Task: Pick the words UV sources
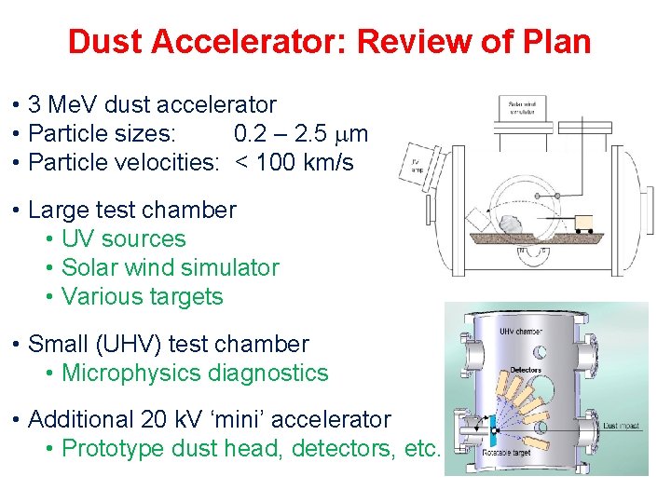click(x=123, y=239)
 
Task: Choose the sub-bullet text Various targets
click(x=142, y=297)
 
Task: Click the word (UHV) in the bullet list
click(x=133, y=345)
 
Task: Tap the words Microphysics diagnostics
click(x=195, y=374)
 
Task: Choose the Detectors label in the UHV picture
click(x=526, y=370)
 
